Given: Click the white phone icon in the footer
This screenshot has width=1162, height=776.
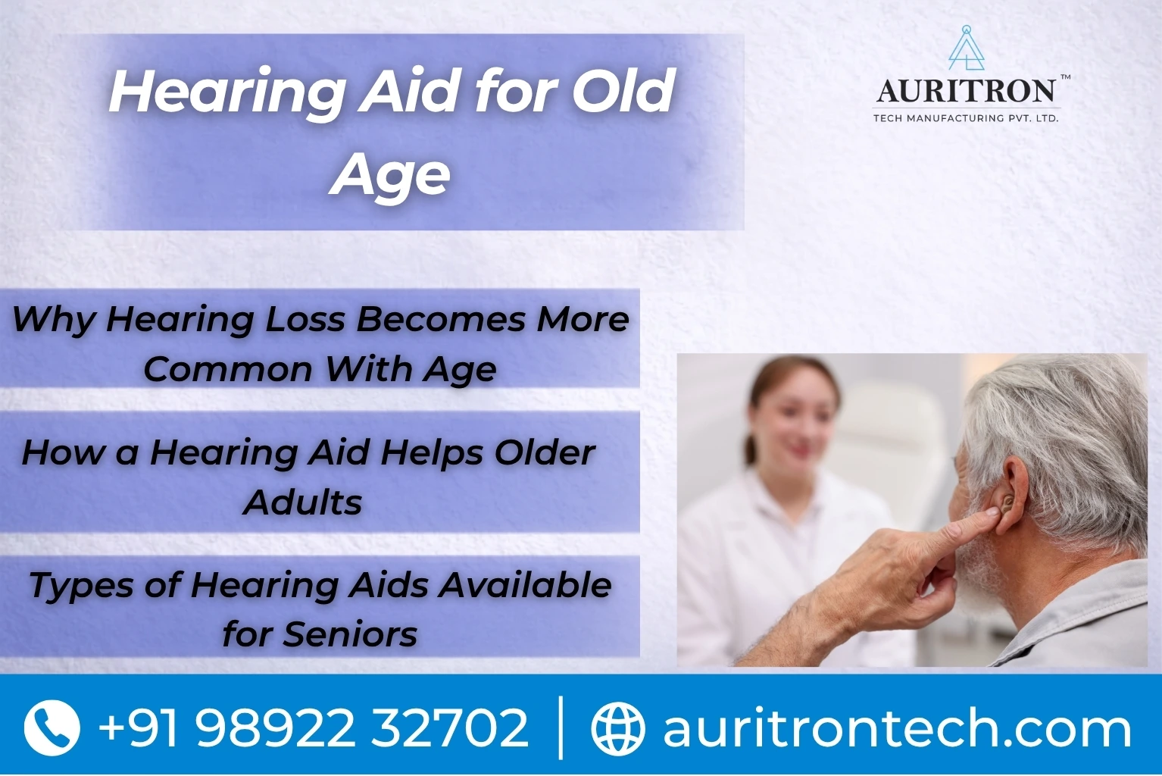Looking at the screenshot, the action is pyautogui.click(x=52, y=727).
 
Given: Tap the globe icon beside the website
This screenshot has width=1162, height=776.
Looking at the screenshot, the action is pyautogui.click(x=618, y=728).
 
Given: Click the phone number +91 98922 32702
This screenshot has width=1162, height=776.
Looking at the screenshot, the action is pyautogui.click(x=314, y=727).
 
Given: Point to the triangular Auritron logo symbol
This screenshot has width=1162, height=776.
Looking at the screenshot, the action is pyautogui.click(x=967, y=48).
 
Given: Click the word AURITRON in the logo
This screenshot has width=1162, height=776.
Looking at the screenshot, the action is pyautogui.click(x=966, y=92).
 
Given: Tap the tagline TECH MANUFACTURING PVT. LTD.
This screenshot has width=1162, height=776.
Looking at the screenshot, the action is pyautogui.click(x=966, y=118).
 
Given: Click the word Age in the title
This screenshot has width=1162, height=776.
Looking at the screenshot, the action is pyautogui.click(x=390, y=177).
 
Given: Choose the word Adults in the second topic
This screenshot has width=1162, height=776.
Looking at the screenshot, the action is pyautogui.click(x=303, y=502).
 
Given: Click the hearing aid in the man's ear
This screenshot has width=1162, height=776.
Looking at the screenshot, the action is pyautogui.click(x=1007, y=502).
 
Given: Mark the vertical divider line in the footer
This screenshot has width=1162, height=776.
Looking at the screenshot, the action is pyautogui.click(x=561, y=727).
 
